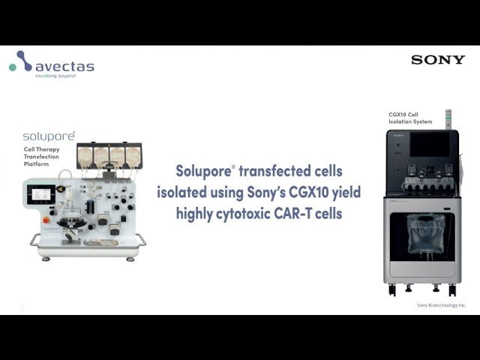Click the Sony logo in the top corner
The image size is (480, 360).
tap(437, 60)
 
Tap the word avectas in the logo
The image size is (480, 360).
tap(64, 66)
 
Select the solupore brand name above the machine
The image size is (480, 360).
tap(49, 137)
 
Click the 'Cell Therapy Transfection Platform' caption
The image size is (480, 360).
tap(43, 155)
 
